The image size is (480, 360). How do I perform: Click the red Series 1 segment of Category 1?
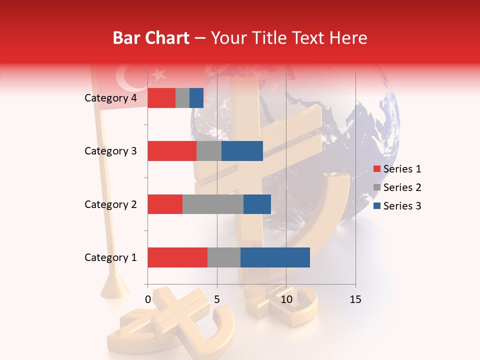tap(177, 257)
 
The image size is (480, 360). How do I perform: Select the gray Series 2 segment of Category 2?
tap(213, 204)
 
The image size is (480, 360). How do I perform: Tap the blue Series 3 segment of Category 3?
tap(242, 151)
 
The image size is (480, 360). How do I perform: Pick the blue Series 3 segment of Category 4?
tap(196, 98)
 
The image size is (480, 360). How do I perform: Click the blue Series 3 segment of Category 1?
tap(275, 257)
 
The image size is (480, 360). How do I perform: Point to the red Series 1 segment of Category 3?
tap(172, 151)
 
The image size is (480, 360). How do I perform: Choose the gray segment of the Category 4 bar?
tap(182, 98)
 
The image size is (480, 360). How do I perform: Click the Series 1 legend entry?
tap(397, 169)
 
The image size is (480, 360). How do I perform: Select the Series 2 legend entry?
tap(397, 187)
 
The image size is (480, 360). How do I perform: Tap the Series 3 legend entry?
tap(397, 206)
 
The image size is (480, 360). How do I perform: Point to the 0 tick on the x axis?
tap(148, 299)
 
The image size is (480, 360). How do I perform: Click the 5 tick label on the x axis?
tap(217, 299)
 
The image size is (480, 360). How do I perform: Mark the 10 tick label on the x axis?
tap(286, 299)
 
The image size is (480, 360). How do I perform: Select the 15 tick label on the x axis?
tap(355, 299)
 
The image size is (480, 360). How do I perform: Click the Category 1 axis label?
tap(110, 257)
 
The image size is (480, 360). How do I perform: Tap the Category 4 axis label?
tap(110, 98)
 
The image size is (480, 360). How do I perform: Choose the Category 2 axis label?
tap(110, 204)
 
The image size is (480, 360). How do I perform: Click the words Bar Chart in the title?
tap(151, 38)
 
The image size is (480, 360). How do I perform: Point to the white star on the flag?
tap(158, 74)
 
